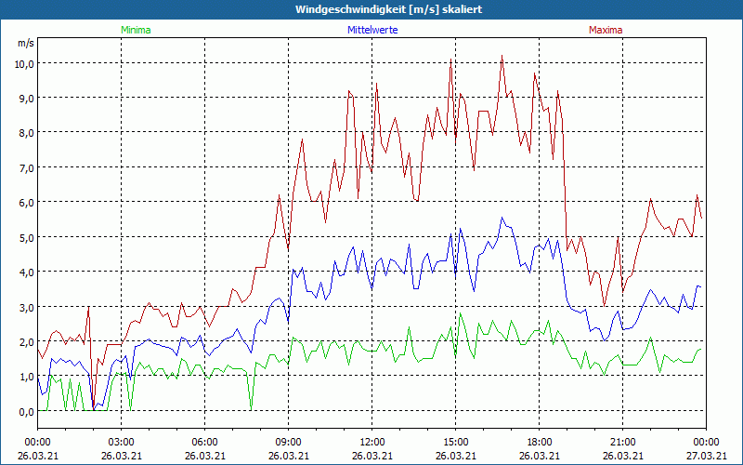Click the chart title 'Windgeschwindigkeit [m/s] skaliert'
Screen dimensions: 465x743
389,9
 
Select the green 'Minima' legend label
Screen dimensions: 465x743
135,30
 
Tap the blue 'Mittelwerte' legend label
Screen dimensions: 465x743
371,30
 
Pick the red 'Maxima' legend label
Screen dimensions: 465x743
606,30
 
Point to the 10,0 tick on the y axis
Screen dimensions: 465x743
23,63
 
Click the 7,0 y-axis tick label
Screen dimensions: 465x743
23,167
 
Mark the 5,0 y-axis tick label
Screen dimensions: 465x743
23,237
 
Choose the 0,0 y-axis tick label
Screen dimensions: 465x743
23,411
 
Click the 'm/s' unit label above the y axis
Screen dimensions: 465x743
25,43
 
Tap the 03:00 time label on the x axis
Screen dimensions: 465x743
122,442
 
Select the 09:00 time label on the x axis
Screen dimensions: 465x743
289,442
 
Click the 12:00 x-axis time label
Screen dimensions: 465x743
372,442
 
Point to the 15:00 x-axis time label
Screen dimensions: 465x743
456,442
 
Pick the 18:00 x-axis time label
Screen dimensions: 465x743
540,442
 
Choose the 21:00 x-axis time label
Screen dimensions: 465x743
623,442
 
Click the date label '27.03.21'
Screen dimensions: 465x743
706,456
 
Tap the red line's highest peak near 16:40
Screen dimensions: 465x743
502,56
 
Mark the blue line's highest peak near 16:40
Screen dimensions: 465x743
502,218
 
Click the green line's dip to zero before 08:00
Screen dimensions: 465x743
251,409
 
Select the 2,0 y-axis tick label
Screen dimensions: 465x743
23,341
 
